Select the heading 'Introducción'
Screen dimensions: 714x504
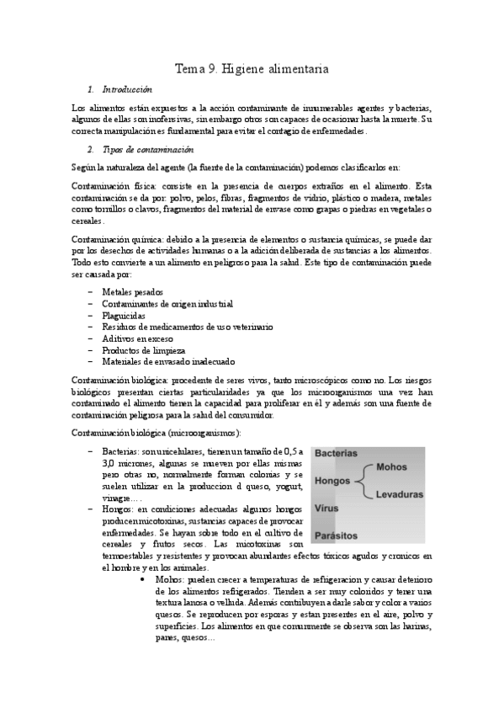click(126, 89)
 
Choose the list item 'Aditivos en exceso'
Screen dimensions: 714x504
click(137, 338)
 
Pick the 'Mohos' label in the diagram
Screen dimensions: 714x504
click(391, 466)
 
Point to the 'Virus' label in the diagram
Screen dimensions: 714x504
click(326, 509)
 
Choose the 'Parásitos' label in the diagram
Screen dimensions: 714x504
click(336, 535)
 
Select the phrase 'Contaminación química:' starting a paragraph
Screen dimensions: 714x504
click(120, 240)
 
